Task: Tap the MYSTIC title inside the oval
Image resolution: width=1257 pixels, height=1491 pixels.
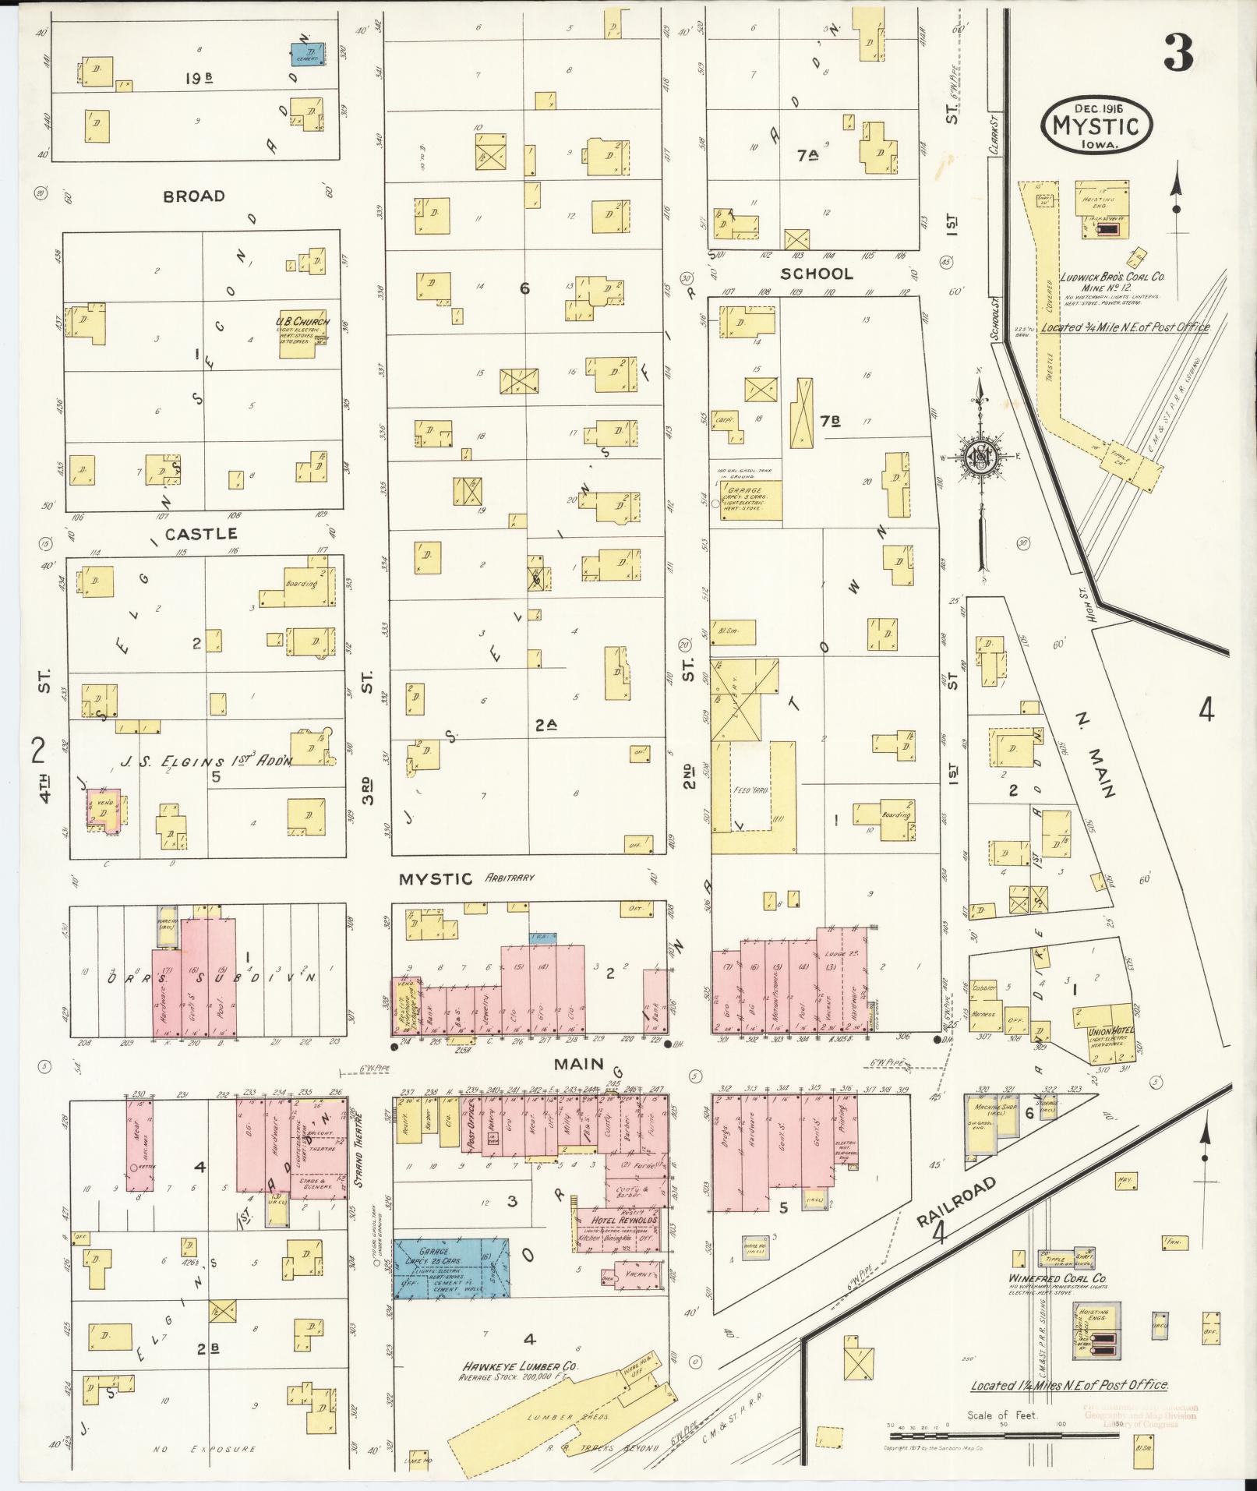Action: [1095, 125]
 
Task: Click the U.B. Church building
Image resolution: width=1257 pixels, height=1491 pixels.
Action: [302, 336]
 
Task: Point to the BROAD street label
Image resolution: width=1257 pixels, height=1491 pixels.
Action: [194, 196]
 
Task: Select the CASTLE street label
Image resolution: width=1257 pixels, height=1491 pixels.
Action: [200, 534]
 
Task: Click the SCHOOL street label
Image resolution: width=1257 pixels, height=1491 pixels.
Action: [817, 274]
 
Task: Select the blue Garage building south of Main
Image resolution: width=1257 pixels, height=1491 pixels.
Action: [450, 1267]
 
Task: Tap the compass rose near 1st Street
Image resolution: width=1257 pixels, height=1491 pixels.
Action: [979, 456]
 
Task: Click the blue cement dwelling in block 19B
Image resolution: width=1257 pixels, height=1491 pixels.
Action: [308, 54]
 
